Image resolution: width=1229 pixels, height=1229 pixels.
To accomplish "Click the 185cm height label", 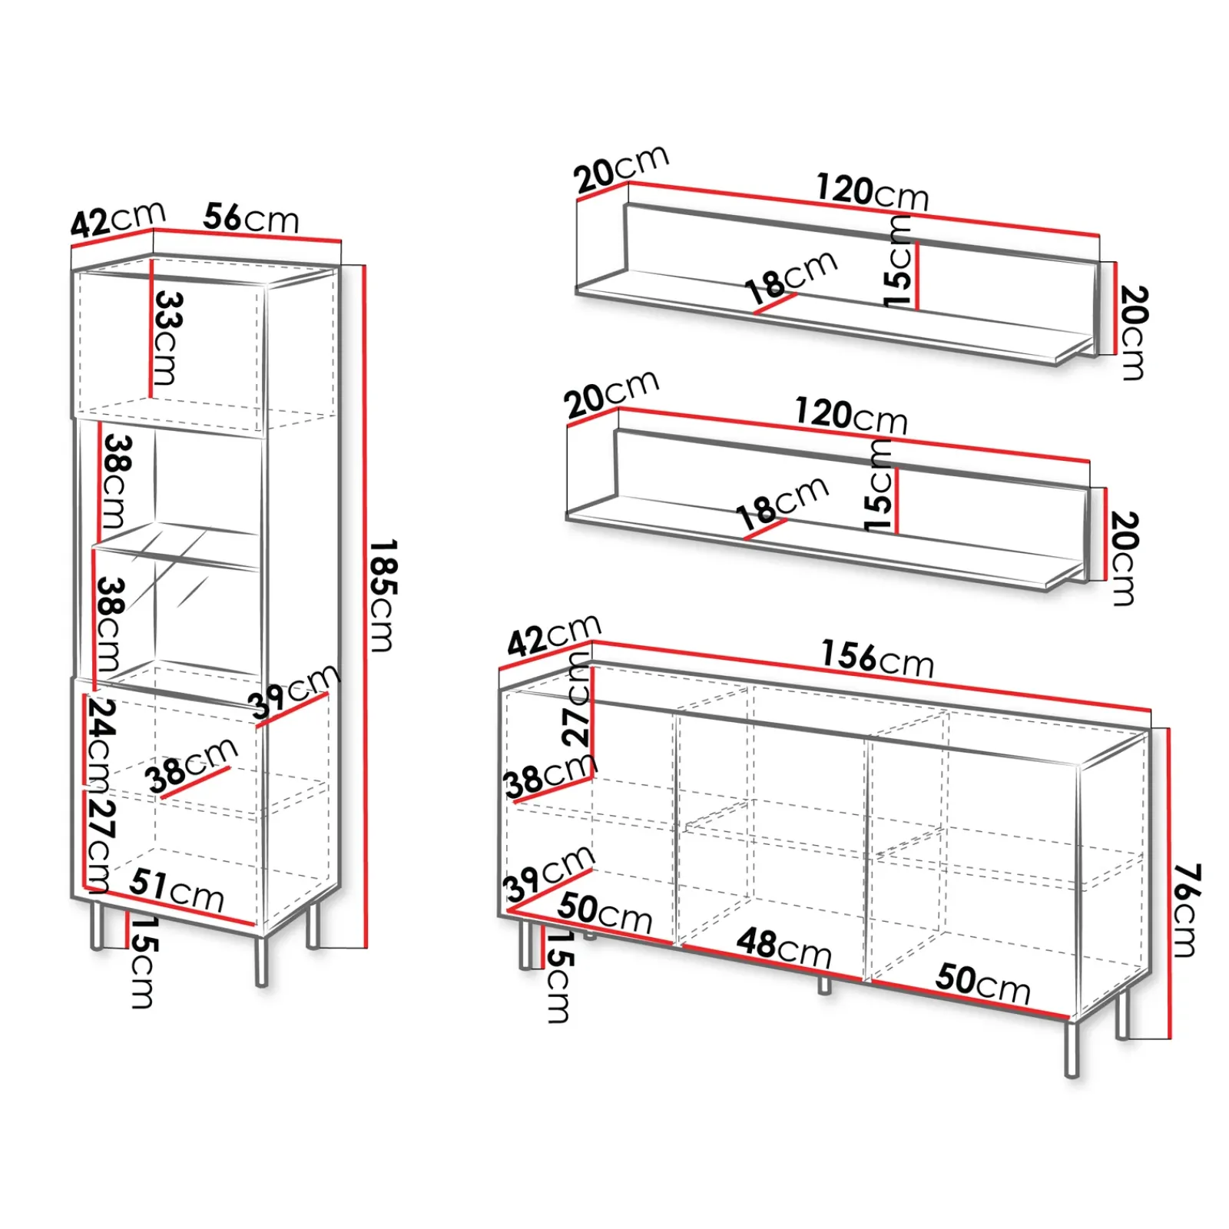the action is [382, 596].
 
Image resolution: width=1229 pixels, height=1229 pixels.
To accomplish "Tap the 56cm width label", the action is [251, 219].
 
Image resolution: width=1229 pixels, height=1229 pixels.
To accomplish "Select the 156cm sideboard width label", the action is [877, 659].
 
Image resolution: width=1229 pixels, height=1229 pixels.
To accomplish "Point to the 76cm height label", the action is [1187, 911].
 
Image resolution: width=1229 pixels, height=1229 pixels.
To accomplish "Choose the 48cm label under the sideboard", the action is [783, 948].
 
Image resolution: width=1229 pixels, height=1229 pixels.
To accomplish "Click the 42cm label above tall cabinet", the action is [118, 219].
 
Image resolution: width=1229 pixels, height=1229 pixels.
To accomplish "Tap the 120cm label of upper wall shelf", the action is [872, 191].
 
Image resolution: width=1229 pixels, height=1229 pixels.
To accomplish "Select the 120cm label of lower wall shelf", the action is [851, 416].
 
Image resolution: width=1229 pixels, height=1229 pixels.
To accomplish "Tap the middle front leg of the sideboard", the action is [824, 986].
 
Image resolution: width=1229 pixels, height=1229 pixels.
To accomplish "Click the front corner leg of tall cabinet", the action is [261, 960].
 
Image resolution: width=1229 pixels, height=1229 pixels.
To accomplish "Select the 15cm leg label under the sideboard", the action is [559, 976].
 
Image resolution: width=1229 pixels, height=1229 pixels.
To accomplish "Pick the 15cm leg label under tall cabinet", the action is [143, 962].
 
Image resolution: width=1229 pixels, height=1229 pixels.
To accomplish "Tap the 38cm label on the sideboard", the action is [550, 776].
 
